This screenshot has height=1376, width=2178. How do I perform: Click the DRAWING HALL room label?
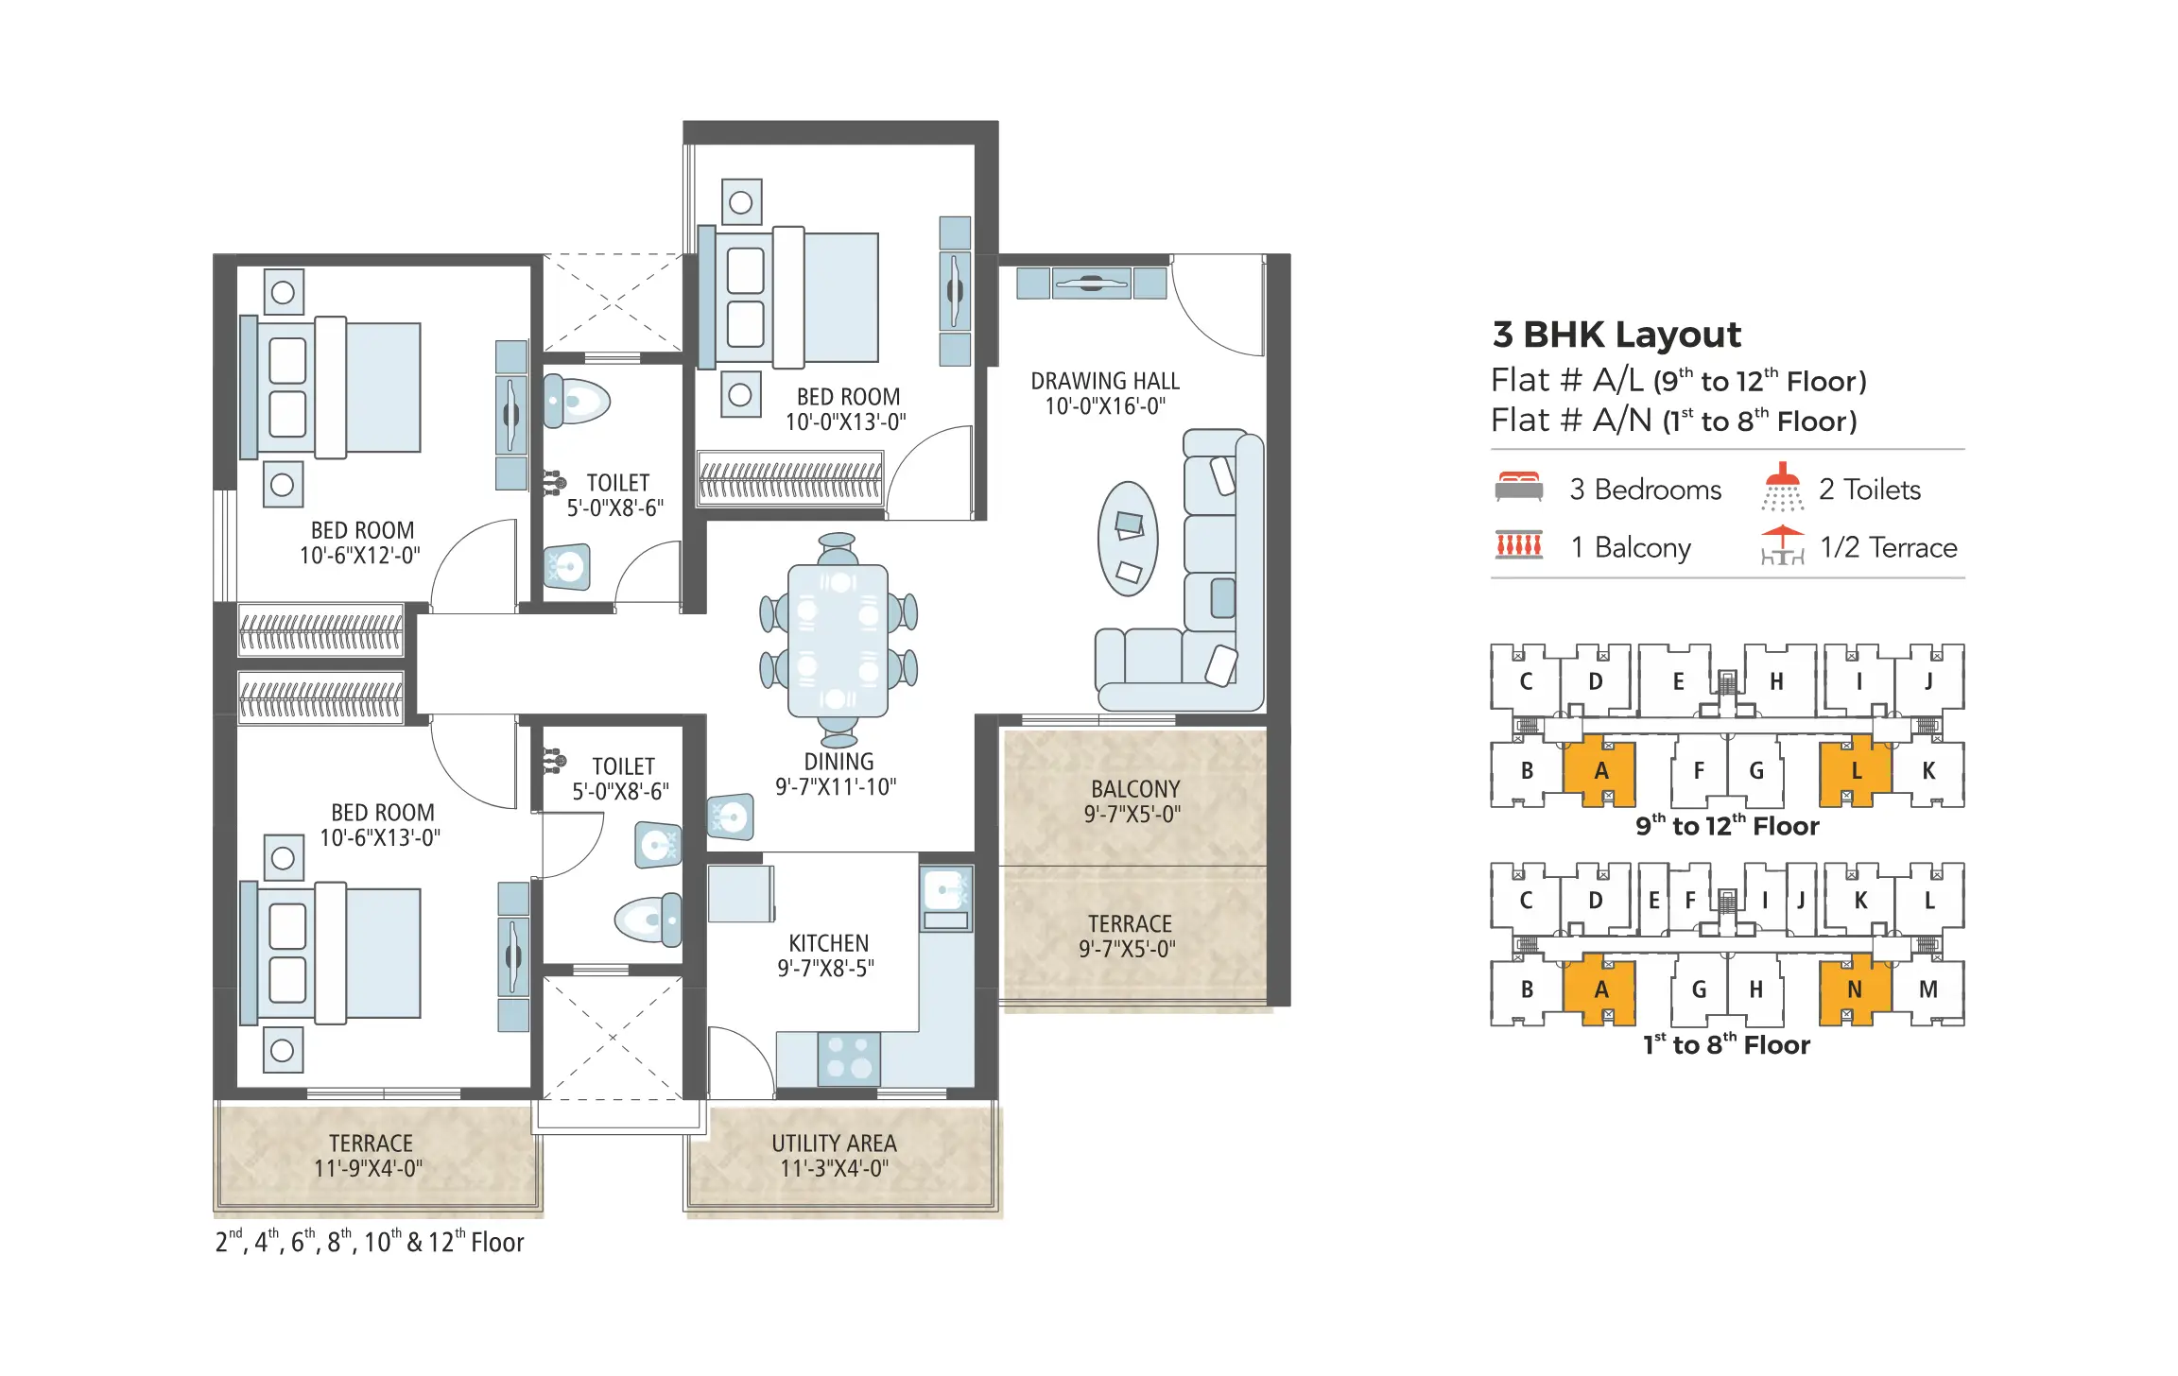coord(1104,393)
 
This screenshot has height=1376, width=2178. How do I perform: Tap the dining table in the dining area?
coord(838,640)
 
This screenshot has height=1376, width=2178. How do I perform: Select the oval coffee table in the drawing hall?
coord(1128,539)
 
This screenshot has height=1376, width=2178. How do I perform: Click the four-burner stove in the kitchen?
coord(848,1058)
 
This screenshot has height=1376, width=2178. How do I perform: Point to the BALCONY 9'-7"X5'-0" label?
coord(1134,801)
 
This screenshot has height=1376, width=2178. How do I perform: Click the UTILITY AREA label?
coord(834,1155)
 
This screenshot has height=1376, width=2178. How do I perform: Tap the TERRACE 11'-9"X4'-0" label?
coord(370,1155)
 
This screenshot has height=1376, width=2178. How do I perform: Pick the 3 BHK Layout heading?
coord(1616,335)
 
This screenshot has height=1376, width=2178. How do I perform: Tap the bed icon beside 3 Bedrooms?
coord(1518,487)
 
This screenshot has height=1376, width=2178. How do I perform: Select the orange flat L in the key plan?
coord(1855,771)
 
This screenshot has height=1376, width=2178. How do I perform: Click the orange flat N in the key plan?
coord(1854,989)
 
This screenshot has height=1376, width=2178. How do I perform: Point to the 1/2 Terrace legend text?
coord(1888,547)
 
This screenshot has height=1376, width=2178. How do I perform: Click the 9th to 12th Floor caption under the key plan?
coord(1727,826)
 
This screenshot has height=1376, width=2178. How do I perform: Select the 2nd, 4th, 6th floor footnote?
coord(370,1242)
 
